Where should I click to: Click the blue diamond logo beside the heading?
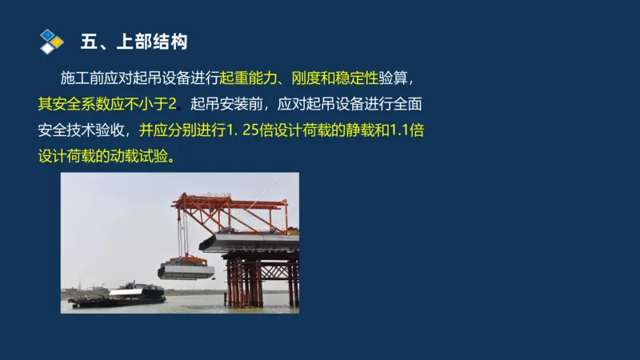click(x=51, y=40)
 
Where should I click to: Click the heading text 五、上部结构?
click(x=134, y=41)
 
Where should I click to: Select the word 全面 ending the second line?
click(x=406, y=104)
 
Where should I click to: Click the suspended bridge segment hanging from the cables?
click(x=186, y=271)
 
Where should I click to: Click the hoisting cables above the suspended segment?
click(x=183, y=232)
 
